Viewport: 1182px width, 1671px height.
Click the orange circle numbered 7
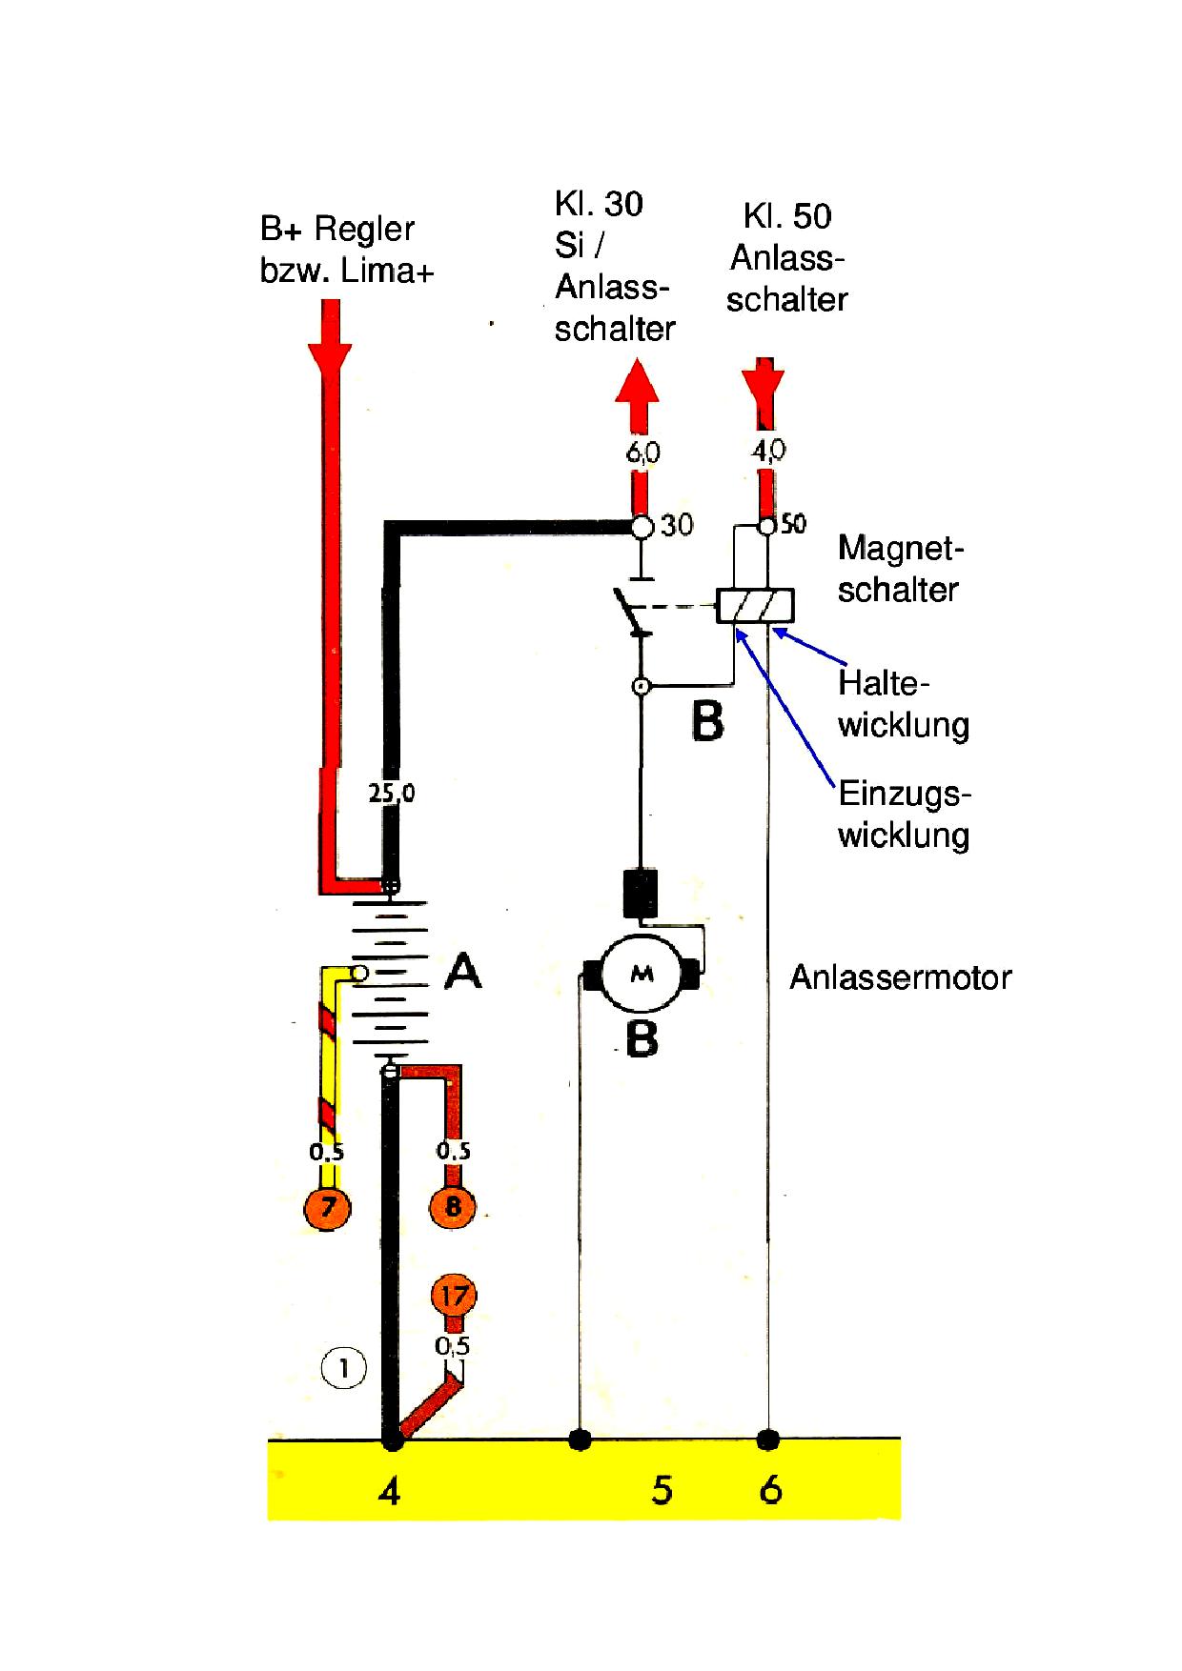327,1208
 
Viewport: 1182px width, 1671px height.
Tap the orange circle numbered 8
453,1207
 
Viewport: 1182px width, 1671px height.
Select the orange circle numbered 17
454,1296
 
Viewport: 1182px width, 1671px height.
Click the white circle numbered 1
344,1370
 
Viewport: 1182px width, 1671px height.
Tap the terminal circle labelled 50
766,526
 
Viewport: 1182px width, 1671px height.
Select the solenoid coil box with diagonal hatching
755,606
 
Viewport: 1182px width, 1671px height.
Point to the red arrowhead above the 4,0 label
764,382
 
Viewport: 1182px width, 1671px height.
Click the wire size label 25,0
392,793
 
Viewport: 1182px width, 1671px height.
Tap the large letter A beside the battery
463,972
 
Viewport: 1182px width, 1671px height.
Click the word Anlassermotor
900,977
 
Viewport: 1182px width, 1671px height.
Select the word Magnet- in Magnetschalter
901,549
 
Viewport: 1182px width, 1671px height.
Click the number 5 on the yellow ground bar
662,1489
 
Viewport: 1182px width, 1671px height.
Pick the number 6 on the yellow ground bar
770,1489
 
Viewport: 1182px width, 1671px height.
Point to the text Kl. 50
786,216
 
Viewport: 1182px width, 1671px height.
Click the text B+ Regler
337,230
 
